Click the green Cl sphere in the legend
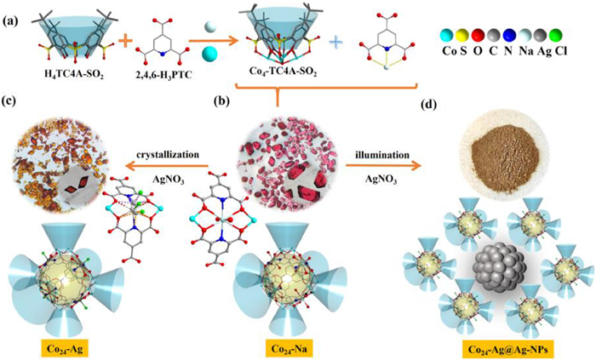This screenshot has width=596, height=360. (x=557, y=36)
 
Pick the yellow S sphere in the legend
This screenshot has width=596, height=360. (x=463, y=36)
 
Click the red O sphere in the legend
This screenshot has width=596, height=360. (x=479, y=36)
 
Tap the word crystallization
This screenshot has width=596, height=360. (x=168, y=155)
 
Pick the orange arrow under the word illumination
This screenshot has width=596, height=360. (x=384, y=166)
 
